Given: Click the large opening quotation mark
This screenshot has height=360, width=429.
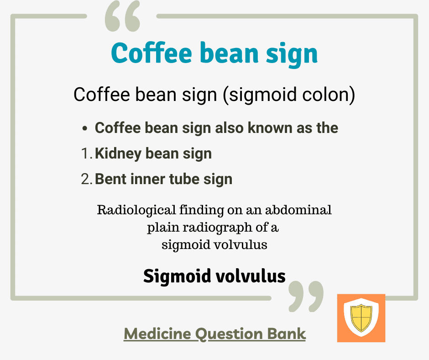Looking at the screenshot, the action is (123, 16).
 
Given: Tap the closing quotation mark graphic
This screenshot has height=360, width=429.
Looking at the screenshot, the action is (306, 296).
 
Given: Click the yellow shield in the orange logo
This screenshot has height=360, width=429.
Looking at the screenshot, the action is (361, 318).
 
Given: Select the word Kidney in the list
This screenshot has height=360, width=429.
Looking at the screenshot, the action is (118, 154).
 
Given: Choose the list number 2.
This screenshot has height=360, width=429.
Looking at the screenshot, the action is (87, 179).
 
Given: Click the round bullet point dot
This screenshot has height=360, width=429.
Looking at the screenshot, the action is (85, 128).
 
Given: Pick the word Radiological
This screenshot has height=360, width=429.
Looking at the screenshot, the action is (136, 211).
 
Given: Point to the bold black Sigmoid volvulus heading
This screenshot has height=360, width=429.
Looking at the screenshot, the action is (214, 276).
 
